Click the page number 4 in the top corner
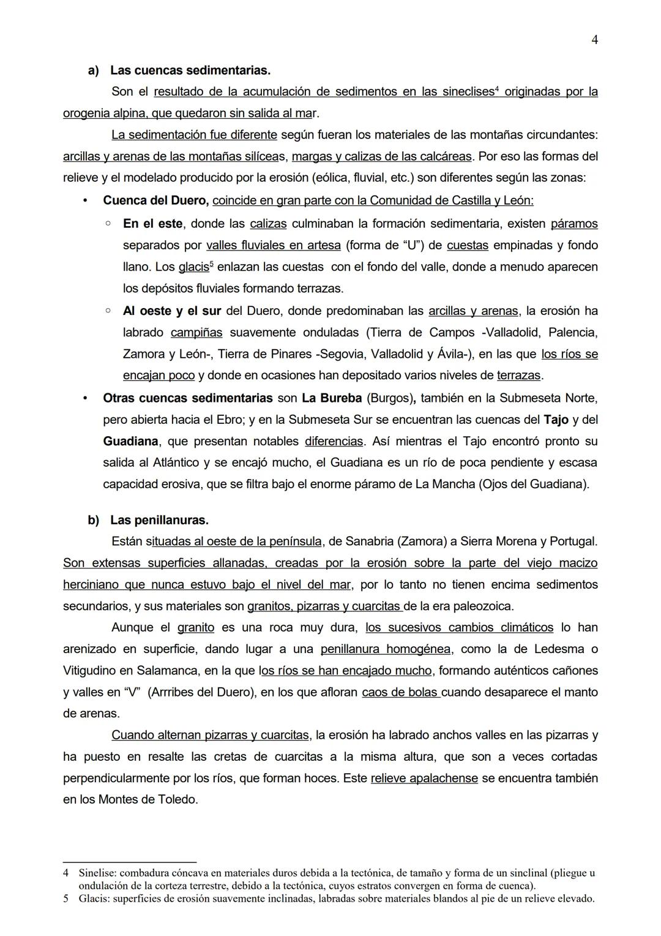tap(594, 40)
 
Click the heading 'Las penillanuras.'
tap(159, 520)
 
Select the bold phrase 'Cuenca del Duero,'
tap(156, 200)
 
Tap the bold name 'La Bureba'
tap(332, 398)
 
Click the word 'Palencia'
tap(572, 333)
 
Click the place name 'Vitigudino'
tap(92, 671)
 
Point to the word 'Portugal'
tap(572, 542)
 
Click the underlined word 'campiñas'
tap(196, 333)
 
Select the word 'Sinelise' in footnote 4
tap(99, 873)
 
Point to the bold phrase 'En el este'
tap(152, 224)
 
